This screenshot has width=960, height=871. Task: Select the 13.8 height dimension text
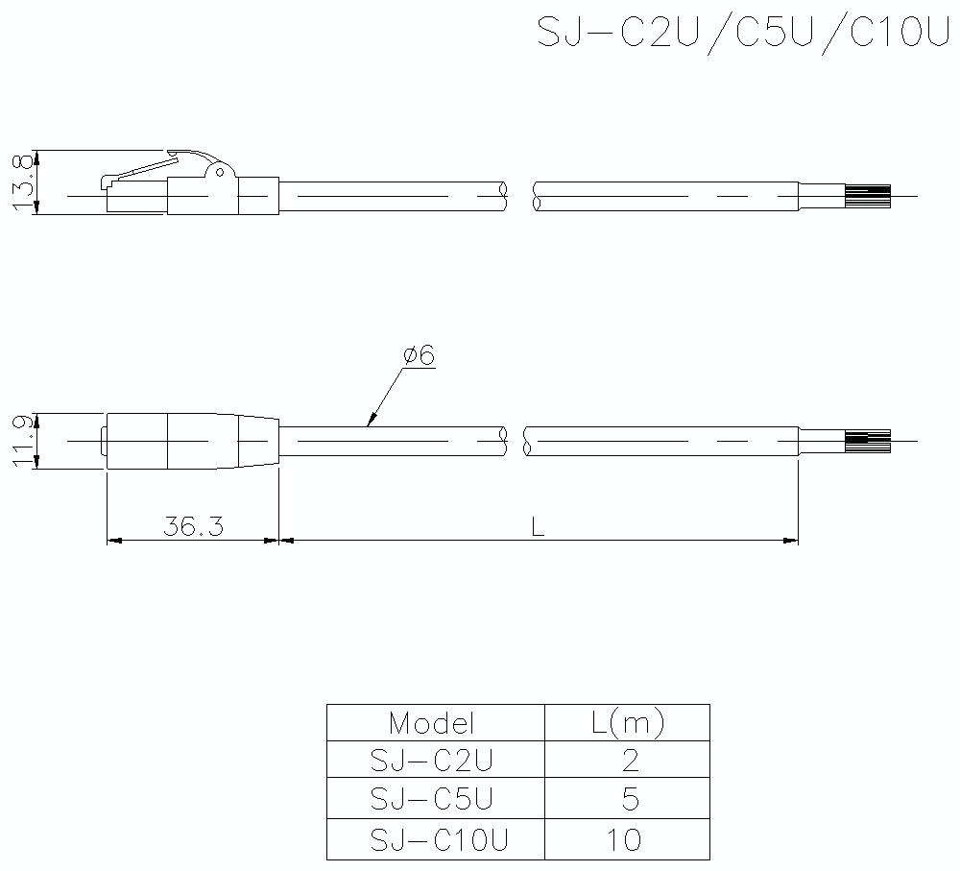24,182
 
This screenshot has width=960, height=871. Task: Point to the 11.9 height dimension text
24,442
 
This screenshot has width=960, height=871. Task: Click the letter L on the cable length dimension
538,527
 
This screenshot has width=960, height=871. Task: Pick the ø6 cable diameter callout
419,355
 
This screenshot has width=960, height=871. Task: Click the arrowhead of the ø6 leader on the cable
371,422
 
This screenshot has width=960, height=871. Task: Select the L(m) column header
626,723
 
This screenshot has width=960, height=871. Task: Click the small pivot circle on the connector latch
220,173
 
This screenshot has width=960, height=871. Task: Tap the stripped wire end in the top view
867,197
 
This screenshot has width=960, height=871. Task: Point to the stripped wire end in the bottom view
867,442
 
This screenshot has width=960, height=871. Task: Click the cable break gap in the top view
519,197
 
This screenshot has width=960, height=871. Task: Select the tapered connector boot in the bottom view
254,442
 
